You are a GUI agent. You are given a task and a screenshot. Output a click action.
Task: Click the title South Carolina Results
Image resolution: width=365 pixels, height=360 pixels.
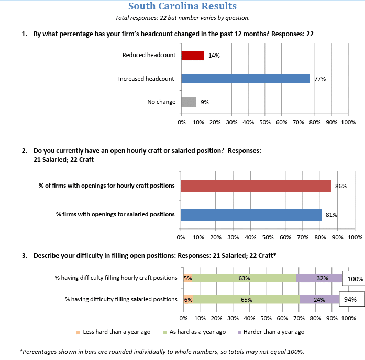pos(182,6)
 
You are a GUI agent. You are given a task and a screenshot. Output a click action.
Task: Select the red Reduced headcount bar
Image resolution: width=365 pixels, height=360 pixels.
pos(193,56)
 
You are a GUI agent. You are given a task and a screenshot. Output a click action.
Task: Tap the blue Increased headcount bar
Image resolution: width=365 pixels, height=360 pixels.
pos(246,79)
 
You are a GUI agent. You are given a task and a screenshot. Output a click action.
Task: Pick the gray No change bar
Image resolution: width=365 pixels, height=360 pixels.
pos(189,102)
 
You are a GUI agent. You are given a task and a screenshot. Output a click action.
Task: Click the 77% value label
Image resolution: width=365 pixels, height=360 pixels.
pos(320,79)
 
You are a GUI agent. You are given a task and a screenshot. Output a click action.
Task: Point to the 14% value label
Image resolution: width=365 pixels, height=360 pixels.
pos(214,56)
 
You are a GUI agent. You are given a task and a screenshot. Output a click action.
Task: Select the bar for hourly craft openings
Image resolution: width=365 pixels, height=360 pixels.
pos(256,186)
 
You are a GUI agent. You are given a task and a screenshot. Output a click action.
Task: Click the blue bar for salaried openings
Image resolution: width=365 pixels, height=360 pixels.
pos(251,214)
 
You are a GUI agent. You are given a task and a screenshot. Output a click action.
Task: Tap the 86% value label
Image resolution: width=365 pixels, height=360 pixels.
pos(340,186)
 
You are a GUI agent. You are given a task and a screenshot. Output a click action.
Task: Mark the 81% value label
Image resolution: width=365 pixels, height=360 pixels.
pos(331,214)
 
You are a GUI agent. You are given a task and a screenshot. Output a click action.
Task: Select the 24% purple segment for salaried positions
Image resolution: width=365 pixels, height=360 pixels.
pos(319,300)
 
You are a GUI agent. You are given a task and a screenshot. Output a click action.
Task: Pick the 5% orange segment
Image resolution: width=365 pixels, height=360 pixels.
pos(188,278)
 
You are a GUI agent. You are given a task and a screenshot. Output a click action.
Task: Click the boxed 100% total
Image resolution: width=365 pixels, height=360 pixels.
pos(355,279)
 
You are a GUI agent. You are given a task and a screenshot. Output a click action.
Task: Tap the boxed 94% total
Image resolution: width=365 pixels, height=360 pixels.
pos(350,300)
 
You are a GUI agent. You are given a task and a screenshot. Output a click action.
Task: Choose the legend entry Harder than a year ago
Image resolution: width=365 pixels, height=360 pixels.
pos(271,332)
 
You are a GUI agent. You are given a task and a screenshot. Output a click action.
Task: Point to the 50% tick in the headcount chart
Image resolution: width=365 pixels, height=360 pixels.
pos(264,122)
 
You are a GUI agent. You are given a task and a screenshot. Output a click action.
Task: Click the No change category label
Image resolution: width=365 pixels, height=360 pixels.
pos(161,102)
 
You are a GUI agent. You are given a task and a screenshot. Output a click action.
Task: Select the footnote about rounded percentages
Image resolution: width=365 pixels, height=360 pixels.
pos(161,351)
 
